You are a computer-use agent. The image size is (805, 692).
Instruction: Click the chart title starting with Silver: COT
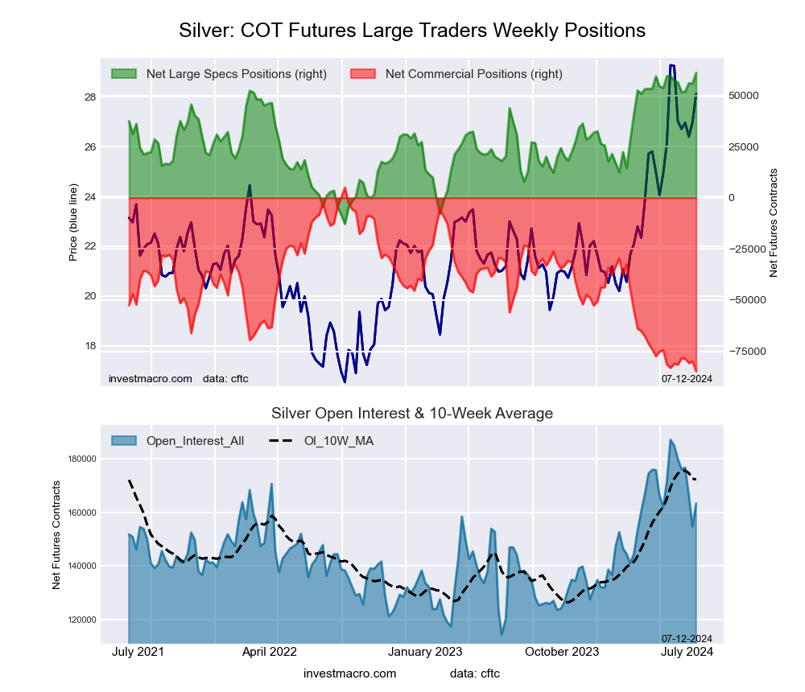click(411, 31)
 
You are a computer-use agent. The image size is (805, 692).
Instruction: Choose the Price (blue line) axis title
click(73, 222)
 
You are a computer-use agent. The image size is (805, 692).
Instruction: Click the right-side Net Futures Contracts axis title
click(774, 223)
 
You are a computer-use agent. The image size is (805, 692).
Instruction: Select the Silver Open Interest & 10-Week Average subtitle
click(411, 414)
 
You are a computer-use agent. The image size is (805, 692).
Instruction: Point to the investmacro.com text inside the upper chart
click(150, 378)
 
